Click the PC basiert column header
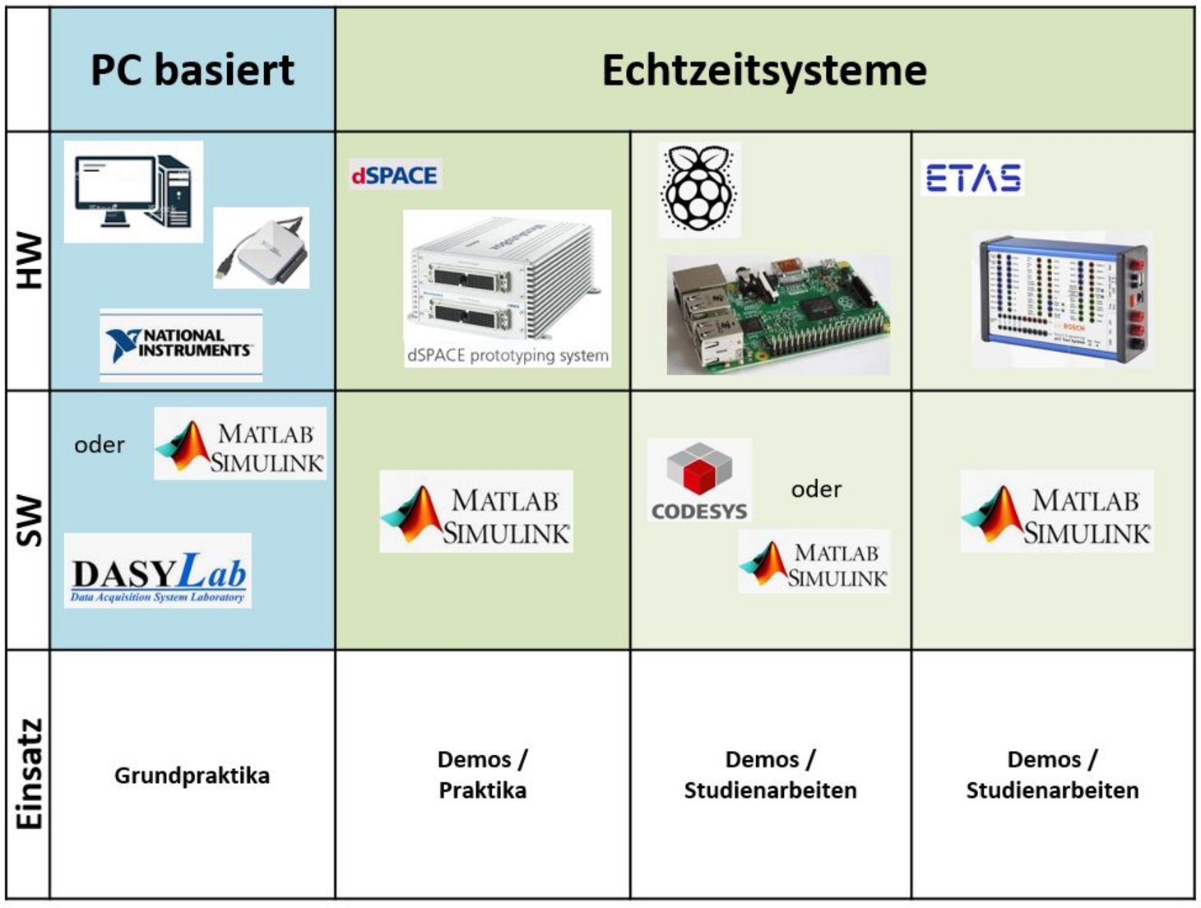192,70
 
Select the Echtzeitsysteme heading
764,70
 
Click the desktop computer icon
133,192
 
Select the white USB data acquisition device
262,248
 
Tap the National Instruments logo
181,345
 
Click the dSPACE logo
395,175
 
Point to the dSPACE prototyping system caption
508,355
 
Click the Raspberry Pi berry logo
699,189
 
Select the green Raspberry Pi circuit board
777,314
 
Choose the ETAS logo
973,178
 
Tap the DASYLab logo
158,571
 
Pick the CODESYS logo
699,481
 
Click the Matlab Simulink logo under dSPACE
476,512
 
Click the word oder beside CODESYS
816,489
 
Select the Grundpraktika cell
192,775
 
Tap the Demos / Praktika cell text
482,775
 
